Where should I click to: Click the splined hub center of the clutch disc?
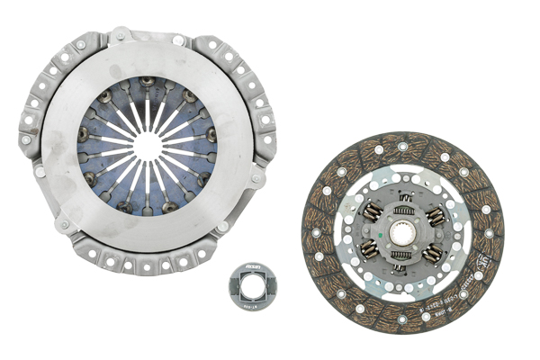coord(402,233)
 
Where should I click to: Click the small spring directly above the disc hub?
coord(404,201)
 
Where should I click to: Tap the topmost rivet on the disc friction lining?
coord(402,145)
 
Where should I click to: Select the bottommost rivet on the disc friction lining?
coord(401,322)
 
